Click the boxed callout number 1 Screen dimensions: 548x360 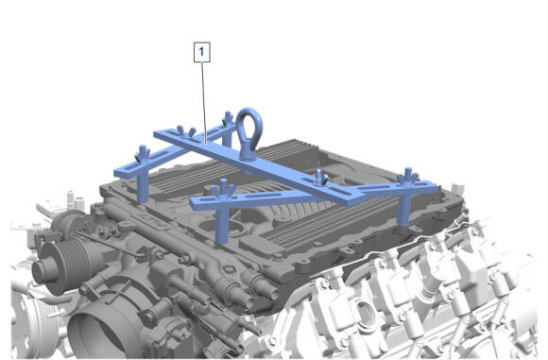[202, 52]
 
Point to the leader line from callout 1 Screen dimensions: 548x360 [204, 102]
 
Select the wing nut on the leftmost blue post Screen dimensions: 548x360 [143, 153]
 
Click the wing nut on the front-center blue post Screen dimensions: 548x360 [222, 189]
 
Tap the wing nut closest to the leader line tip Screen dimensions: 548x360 [187, 131]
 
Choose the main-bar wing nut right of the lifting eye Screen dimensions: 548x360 [320, 178]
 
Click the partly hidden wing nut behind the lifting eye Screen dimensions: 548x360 [228, 118]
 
